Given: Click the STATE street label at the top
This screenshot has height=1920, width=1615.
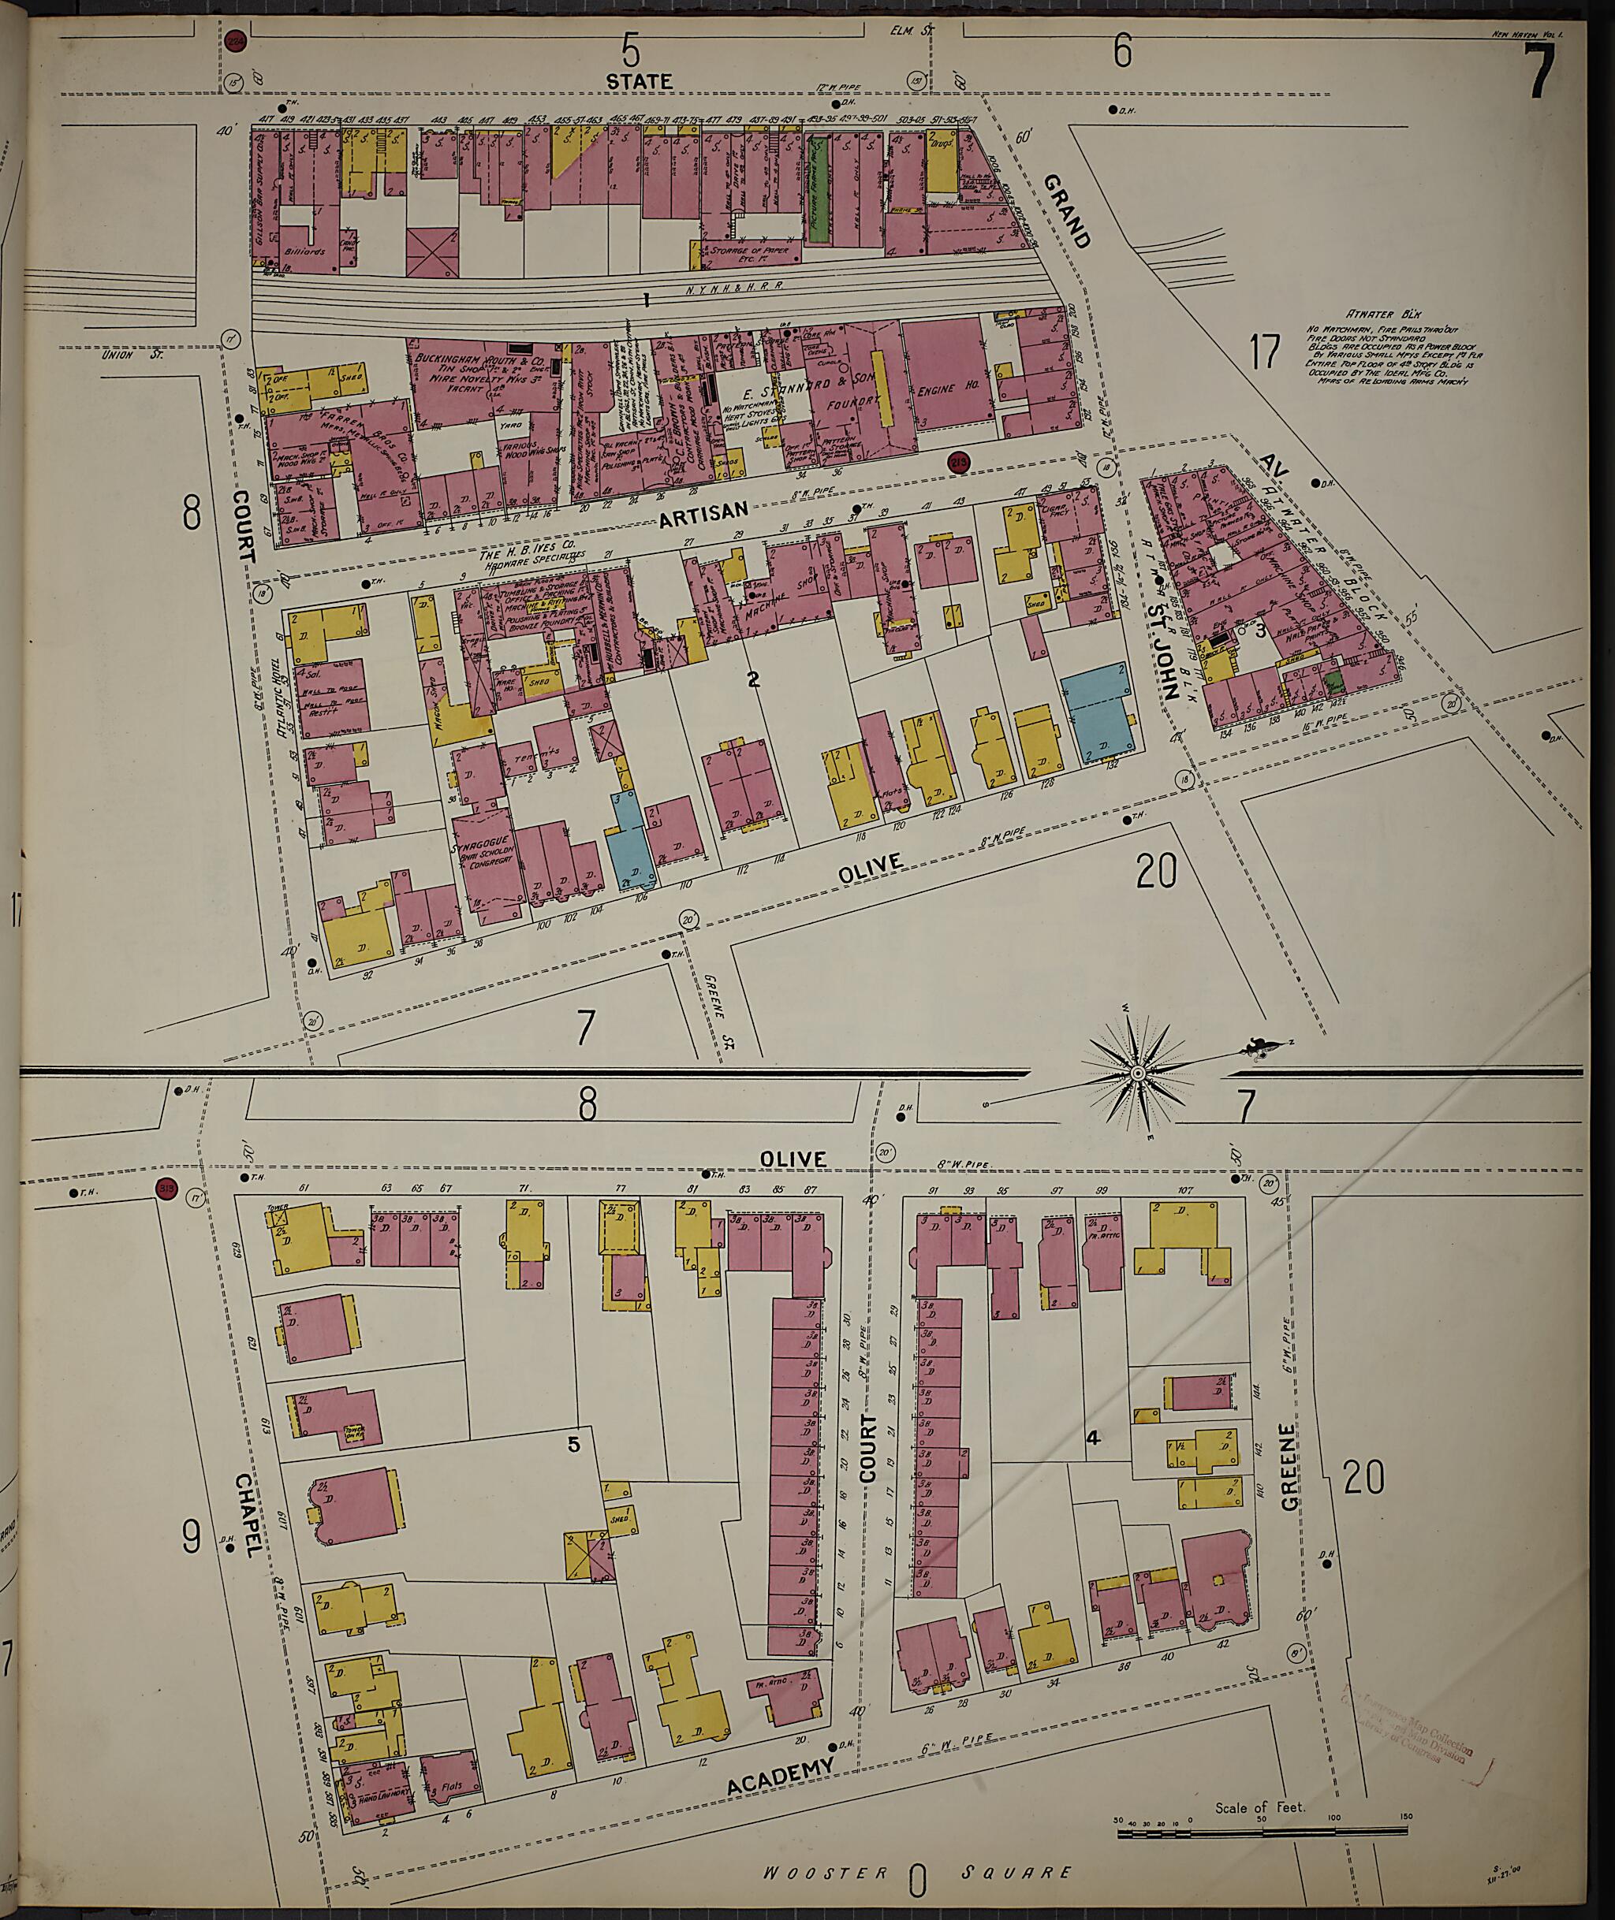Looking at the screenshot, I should (x=639, y=81).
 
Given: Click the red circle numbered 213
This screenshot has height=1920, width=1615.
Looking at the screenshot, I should (x=959, y=463).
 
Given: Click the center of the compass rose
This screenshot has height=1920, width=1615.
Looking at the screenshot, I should (x=1137, y=1073).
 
